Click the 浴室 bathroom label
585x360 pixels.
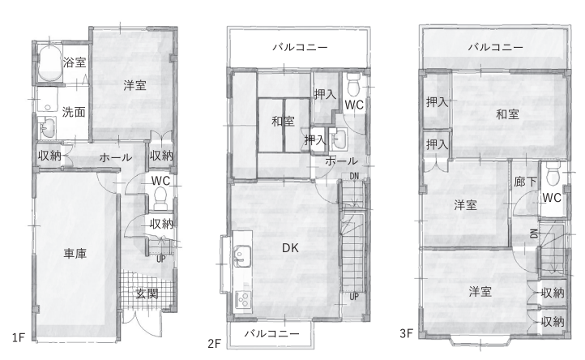[75, 62]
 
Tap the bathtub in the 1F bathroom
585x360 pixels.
[50, 62]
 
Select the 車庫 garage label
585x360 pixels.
[75, 254]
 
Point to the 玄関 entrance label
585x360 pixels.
[147, 294]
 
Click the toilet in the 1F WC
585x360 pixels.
[160, 199]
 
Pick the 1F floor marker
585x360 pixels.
[18, 337]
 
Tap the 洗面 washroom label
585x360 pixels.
[74, 112]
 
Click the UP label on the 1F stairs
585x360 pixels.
[160, 259]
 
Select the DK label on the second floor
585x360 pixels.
[290, 248]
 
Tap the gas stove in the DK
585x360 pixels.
[242, 299]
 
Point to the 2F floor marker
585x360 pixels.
[214, 343]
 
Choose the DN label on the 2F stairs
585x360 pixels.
[354, 176]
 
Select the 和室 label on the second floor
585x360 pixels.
[283, 121]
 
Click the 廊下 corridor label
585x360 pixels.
[525, 182]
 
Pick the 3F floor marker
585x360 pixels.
[406, 332]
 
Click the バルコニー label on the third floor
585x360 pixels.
[495, 47]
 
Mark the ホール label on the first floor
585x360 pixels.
[115, 157]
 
